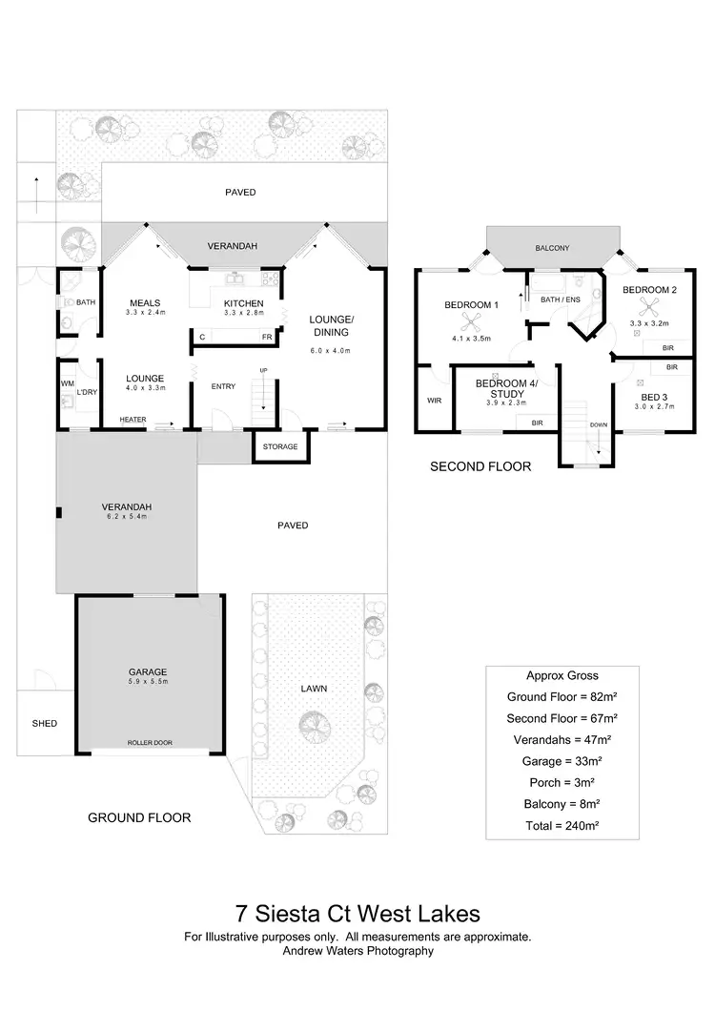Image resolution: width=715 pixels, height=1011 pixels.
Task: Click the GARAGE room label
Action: point(148,671)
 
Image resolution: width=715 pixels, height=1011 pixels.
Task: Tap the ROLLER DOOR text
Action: point(150,742)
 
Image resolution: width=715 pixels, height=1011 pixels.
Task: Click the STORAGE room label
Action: point(279,446)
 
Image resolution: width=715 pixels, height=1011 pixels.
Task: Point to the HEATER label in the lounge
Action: point(133,420)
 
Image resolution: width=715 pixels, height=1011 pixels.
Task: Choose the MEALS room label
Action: point(147,302)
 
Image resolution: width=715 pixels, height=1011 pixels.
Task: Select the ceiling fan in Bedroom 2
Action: point(649,305)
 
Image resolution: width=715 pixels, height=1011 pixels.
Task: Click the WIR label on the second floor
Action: point(434,401)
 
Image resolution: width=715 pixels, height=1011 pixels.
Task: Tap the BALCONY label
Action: point(552,248)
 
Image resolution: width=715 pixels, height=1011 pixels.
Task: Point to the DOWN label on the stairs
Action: point(598,425)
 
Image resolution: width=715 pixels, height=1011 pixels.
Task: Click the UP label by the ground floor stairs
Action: point(263,370)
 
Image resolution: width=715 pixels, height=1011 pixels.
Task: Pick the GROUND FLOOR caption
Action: point(139,817)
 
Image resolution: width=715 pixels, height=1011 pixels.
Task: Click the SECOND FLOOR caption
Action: point(480,466)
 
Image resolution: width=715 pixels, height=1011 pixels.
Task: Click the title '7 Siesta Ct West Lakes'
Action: point(357,915)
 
